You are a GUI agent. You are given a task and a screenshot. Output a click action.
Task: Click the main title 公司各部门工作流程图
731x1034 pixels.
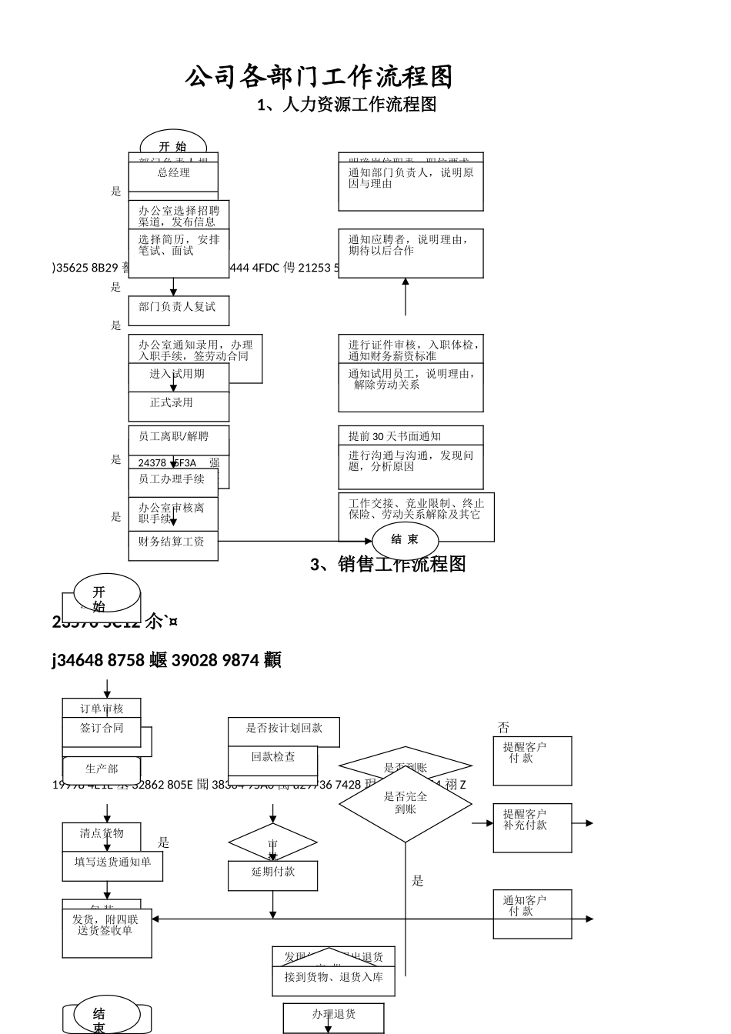tap(319, 77)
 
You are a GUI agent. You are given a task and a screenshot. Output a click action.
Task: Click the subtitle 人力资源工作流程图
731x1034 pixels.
tap(347, 105)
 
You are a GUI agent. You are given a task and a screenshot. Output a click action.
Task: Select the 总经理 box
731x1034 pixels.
tap(173, 173)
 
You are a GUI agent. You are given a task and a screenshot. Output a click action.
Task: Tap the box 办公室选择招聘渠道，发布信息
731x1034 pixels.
tap(179, 215)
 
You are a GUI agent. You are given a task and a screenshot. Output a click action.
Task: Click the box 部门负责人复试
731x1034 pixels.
tap(178, 308)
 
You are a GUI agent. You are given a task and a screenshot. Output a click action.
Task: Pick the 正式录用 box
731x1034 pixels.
tap(178, 404)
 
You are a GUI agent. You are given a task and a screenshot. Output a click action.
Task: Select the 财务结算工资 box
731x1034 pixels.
tap(172, 543)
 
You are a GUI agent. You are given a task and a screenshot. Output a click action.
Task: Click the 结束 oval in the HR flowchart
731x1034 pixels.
tap(405, 540)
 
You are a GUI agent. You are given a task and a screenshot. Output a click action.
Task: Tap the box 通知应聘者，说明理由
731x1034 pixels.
tap(411, 252)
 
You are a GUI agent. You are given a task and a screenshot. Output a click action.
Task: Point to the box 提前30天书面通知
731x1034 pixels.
tap(411, 436)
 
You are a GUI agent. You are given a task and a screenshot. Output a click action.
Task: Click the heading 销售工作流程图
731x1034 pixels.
tap(389, 565)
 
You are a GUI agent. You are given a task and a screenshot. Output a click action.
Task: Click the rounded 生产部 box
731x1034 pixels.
tap(102, 769)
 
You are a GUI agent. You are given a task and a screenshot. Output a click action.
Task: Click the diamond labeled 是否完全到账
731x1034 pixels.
tap(406, 803)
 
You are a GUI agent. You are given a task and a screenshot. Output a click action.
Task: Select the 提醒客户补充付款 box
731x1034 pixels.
tap(532, 827)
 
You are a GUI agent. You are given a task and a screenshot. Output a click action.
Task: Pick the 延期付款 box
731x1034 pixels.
tap(272, 875)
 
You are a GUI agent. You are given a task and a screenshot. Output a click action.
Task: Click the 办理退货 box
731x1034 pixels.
tap(333, 1016)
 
